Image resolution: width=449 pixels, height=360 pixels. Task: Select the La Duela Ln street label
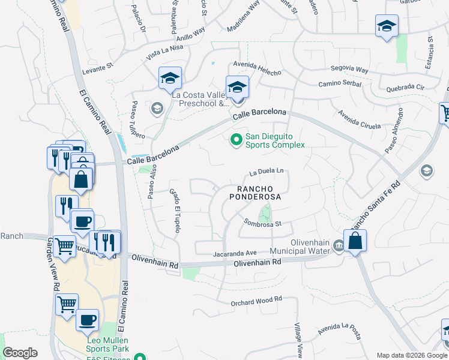267,171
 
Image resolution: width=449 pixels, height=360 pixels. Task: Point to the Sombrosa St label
262,223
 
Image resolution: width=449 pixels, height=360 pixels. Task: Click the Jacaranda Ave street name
235,254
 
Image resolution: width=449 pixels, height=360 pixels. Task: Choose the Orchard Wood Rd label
256,303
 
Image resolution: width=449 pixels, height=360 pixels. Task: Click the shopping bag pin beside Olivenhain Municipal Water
355,241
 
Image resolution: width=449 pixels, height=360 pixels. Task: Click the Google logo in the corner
20,353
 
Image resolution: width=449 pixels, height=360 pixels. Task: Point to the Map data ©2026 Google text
412,355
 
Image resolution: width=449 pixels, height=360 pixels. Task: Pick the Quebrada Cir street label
405,87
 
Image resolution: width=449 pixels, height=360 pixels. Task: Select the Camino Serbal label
340,84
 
